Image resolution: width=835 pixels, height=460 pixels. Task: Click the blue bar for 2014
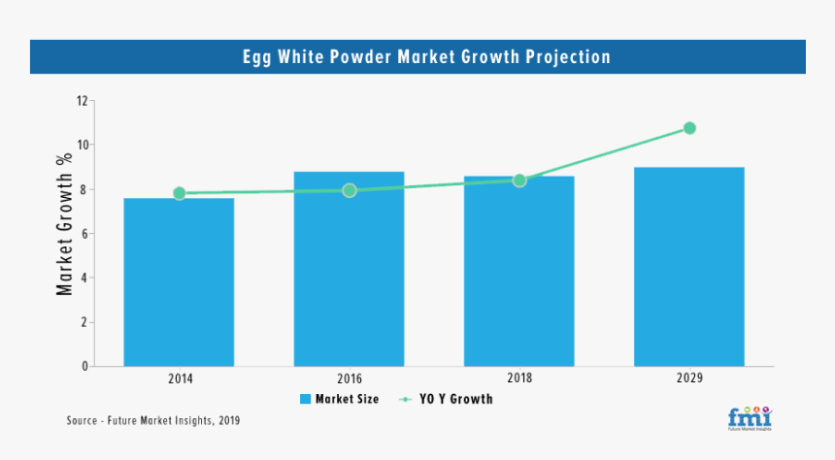pyautogui.click(x=179, y=281)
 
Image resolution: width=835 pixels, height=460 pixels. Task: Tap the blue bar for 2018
pyautogui.click(x=518, y=271)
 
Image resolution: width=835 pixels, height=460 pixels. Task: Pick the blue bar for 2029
pyautogui.click(x=689, y=267)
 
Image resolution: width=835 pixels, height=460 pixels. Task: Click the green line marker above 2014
pyautogui.click(x=179, y=193)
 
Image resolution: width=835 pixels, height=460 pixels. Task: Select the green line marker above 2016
pyautogui.click(x=350, y=190)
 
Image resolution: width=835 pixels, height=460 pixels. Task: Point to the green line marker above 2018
pyautogui.click(x=519, y=180)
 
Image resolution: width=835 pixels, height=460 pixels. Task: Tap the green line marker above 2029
pyautogui.click(x=689, y=128)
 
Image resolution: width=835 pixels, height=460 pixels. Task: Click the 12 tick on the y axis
pyautogui.click(x=83, y=101)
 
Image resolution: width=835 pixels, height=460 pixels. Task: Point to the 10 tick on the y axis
pyautogui.click(x=83, y=146)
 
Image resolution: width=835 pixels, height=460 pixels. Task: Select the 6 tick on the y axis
pyautogui.click(x=85, y=234)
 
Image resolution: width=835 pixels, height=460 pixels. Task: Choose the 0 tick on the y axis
pyautogui.click(x=85, y=367)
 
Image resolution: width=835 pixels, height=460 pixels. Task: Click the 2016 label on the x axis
pyautogui.click(x=349, y=378)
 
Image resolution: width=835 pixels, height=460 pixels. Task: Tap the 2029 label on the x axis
pyautogui.click(x=689, y=378)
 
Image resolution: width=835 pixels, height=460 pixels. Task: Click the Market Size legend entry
pyautogui.click(x=339, y=399)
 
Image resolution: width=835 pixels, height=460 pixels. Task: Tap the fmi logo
pyautogui.click(x=749, y=417)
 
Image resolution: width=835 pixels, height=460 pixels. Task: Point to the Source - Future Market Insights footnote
pyautogui.click(x=152, y=421)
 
